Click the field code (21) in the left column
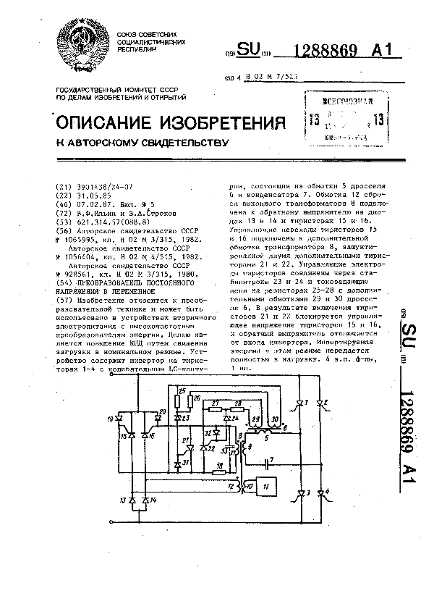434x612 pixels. tap(61, 187)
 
